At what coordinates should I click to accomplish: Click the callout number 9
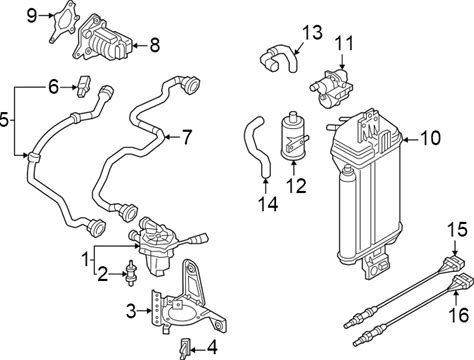32,15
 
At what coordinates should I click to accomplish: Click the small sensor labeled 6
84,87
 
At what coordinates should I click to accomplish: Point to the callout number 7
186,137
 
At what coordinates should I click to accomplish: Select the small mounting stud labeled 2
131,273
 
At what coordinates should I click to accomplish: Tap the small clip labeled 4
185,349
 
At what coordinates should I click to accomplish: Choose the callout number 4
212,348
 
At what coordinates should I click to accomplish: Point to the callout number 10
430,138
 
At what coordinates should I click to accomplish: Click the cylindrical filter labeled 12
293,136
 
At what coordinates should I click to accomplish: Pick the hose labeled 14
258,145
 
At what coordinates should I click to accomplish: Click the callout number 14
269,204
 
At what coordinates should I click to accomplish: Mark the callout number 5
3,119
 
